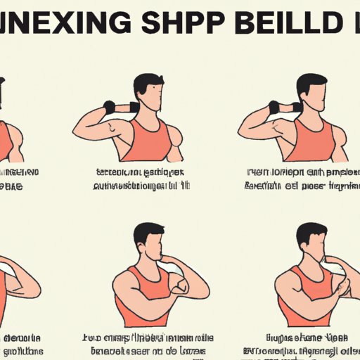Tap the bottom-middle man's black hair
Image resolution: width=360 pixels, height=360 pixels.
pos(150,232)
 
